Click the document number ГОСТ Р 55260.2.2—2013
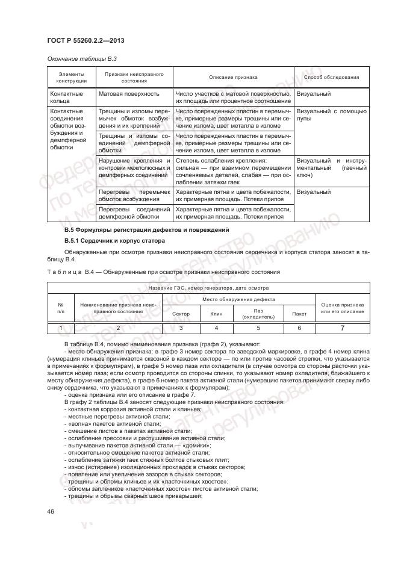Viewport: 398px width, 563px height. (86, 41)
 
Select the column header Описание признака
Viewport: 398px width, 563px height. (233, 78)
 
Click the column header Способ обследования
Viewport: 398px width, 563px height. (331, 78)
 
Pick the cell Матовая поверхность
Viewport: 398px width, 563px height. (129, 95)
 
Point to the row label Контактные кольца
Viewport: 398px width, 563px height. (66, 98)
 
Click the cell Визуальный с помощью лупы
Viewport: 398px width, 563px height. (331, 116)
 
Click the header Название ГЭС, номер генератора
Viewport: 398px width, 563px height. (207, 289)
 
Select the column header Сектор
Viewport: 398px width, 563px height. (181, 314)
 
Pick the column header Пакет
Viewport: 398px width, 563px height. (299, 314)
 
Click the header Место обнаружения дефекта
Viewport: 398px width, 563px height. (238, 299)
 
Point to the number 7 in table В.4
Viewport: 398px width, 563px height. (342, 328)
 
